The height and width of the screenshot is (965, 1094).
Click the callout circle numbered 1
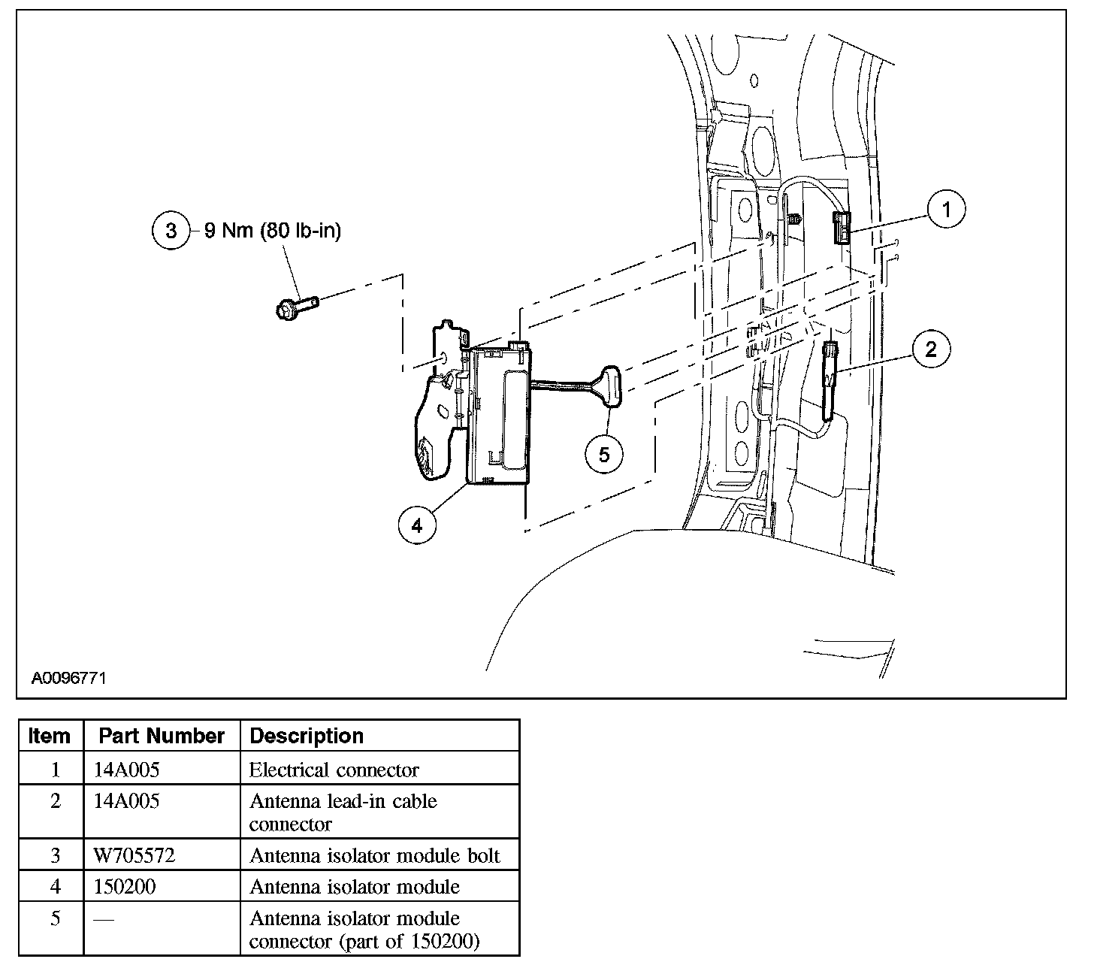946,210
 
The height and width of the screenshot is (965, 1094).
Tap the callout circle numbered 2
931,349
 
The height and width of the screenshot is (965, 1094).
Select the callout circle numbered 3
171,231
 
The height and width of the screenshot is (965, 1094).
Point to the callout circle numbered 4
416,525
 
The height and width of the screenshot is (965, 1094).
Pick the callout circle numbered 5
604,455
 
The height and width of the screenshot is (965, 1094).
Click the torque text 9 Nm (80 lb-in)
273,231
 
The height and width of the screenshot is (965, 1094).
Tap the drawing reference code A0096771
68,678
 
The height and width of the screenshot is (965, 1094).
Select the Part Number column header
162,736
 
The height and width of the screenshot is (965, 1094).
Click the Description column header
307,736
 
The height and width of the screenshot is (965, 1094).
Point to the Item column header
50,736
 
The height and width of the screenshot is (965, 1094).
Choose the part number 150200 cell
125,887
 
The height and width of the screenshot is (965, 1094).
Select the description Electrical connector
334,770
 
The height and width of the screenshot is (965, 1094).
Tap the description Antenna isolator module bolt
374,855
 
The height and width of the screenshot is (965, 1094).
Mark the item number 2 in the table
55,801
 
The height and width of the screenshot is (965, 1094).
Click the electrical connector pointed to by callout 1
842,228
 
